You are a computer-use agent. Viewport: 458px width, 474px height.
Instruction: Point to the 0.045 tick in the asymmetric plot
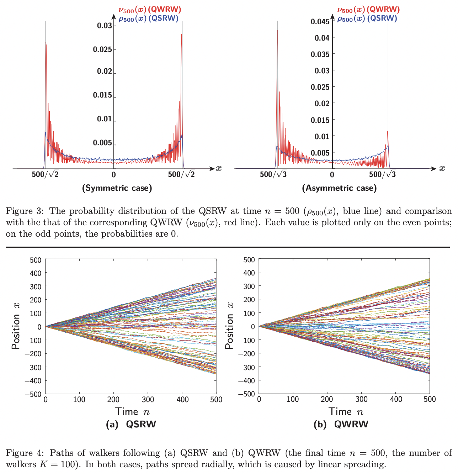click(x=320, y=22)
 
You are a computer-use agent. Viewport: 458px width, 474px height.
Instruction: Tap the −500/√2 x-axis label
click(x=42, y=174)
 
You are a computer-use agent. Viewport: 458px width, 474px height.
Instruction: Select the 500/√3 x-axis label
click(x=382, y=174)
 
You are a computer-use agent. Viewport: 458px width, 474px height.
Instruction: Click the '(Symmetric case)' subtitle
click(x=117, y=188)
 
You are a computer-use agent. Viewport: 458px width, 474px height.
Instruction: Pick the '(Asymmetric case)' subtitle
click(x=339, y=188)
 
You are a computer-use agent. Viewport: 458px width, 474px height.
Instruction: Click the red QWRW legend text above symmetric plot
click(x=150, y=10)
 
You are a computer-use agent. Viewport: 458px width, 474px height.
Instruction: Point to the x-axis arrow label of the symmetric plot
click(x=219, y=168)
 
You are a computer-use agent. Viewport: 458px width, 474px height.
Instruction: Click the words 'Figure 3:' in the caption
click(x=25, y=211)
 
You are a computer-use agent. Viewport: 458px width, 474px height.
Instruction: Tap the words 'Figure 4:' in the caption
click(x=25, y=453)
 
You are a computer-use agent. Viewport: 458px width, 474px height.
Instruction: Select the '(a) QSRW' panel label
click(x=131, y=424)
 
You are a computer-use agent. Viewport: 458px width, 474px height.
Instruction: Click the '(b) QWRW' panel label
click(x=341, y=424)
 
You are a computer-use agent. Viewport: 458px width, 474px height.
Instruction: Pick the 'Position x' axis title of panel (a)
click(x=16, y=326)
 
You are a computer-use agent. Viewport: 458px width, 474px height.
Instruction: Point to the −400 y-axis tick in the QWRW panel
click(x=246, y=380)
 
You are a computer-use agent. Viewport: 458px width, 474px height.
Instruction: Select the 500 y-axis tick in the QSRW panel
click(x=36, y=260)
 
